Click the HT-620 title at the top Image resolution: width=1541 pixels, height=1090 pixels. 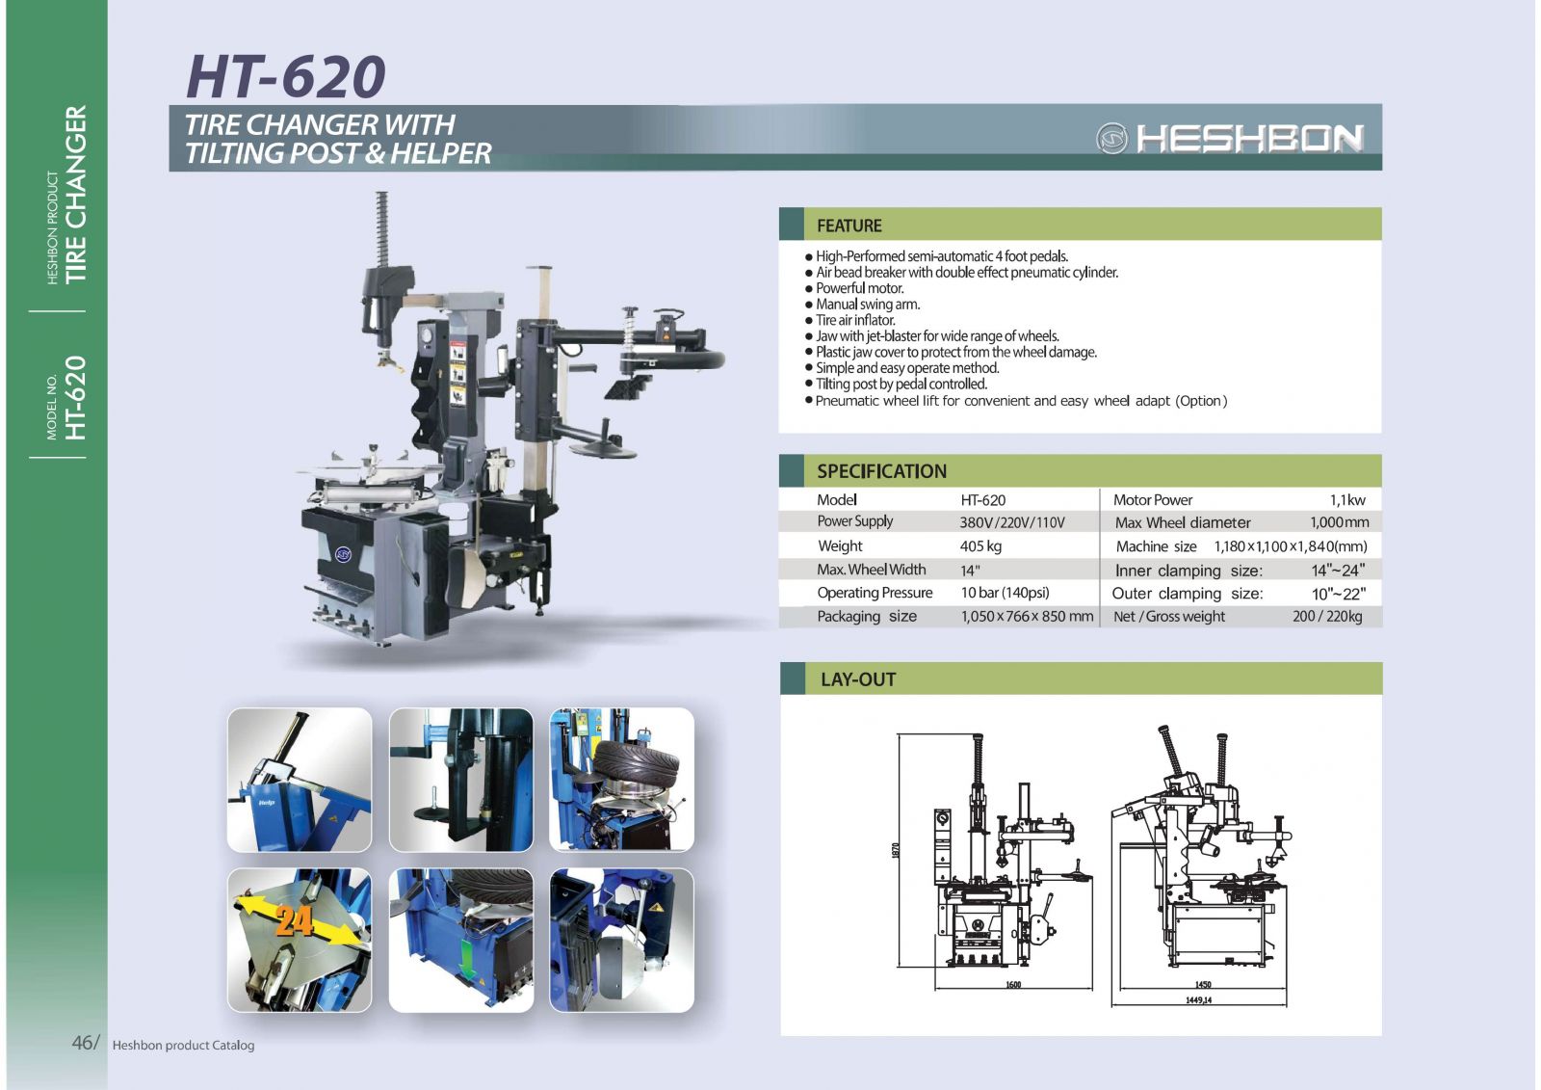(x=286, y=76)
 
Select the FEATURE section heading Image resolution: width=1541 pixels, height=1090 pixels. (x=849, y=226)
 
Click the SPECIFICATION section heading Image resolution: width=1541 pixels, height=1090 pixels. (x=881, y=471)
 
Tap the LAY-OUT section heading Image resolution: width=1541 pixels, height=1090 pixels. (x=857, y=679)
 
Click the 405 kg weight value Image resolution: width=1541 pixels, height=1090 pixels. (x=980, y=545)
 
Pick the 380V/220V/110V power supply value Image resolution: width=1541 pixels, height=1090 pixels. (x=1011, y=522)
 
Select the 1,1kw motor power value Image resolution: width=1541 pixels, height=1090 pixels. (x=1346, y=499)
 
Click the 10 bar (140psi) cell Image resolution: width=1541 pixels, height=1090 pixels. (x=1005, y=593)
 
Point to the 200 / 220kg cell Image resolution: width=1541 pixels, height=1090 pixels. (x=1326, y=616)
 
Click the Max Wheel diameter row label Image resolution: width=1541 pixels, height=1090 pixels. (x=1182, y=522)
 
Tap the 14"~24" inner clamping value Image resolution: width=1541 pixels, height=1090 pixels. (x=1337, y=570)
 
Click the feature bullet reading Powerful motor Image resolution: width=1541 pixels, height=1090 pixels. (x=859, y=288)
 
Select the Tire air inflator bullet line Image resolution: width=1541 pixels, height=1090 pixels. (x=855, y=320)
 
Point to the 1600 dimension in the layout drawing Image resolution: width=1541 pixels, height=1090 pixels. (x=1012, y=985)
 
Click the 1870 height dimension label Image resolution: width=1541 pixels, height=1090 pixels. (x=896, y=851)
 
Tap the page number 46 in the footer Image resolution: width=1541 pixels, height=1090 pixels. (x=82, y=1042)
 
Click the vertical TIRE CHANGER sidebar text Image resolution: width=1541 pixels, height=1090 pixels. (x=75, y=194)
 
